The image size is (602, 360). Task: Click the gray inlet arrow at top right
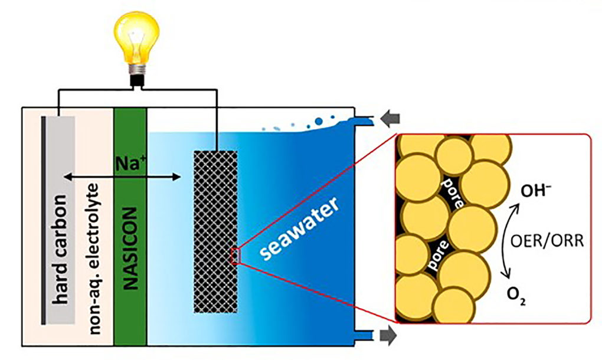click(x=387, y=119)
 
